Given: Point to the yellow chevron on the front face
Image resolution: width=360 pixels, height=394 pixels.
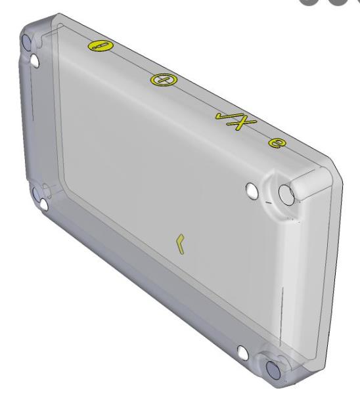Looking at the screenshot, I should (179, 243).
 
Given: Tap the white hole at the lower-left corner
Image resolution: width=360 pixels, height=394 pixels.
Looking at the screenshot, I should (43, 206).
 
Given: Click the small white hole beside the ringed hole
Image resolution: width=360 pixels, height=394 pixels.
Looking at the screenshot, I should (250, 190).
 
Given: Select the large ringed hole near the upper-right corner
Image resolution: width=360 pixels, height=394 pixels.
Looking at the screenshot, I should (286, 194).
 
